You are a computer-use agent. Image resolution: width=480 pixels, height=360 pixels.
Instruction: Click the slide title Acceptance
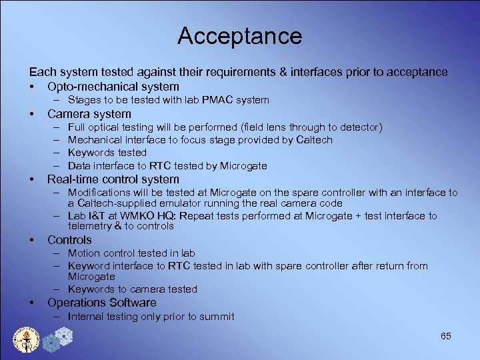239,36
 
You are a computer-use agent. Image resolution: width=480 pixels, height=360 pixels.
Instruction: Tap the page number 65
446,336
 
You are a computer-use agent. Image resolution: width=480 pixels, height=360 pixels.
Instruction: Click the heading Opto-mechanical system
113,87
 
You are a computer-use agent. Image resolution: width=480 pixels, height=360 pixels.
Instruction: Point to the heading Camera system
89,113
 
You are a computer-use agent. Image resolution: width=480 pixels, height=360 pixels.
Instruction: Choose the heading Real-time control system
113,179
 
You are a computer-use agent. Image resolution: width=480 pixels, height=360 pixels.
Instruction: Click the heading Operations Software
102,303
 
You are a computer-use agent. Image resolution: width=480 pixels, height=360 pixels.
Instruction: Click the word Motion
83,253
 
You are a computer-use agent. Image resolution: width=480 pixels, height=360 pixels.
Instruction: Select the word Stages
84,100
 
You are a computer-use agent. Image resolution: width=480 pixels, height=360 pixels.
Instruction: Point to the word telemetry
93,226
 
